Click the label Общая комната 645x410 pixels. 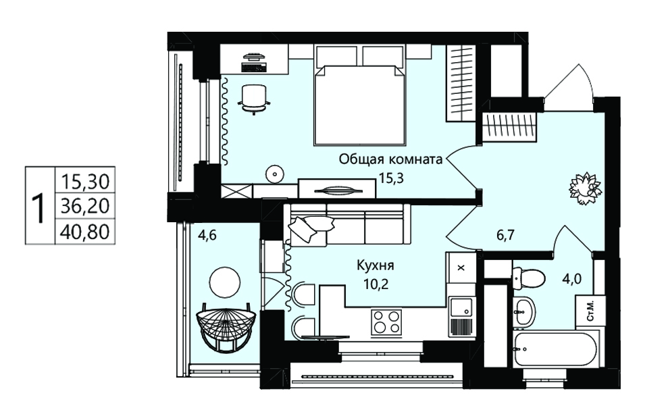pos(390,159)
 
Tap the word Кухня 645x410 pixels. pos(375,265)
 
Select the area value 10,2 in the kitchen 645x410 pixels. pos(376,284)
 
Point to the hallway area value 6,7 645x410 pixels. pos(506,235)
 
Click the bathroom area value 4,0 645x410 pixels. pos(572,279)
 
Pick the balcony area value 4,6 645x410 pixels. pos(207,236)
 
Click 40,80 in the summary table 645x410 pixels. pos(85,232)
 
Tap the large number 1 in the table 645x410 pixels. pos(40,209)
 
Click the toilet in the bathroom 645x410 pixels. pos(529,278)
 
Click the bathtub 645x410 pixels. pos(555,349)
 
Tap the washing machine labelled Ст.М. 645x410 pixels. pos(590,311)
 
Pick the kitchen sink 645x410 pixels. pos(461,307)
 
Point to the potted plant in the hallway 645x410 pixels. pos(585,188)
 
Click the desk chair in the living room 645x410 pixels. pos(254,99)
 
